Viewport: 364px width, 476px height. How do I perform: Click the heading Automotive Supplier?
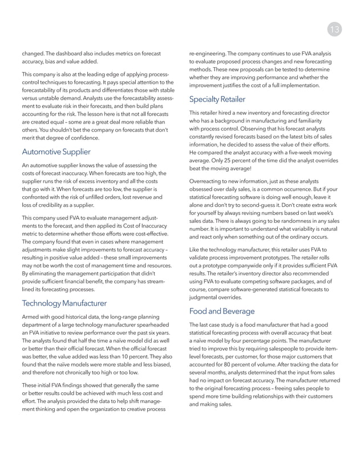[x=56, y=152]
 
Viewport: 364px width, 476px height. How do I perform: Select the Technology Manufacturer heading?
[x=64, y=303]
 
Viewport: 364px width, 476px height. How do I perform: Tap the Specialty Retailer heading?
[x=217, y=99]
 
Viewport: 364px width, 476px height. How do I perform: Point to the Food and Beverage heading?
[x=222, y=311]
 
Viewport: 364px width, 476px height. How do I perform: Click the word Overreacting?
[x=206, y=181]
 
